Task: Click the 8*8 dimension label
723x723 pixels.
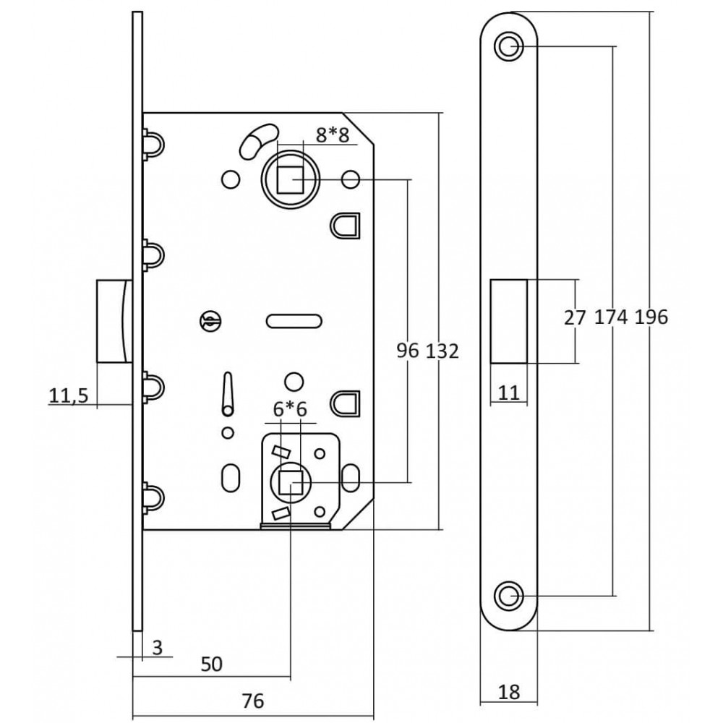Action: [333, 135]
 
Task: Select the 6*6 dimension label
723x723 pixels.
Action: [290, 409]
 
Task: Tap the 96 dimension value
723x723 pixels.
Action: [408, 351]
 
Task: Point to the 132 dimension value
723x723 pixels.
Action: [442, 351]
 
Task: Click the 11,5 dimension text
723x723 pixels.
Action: [68, 395]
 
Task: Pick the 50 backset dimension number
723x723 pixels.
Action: [212, 664]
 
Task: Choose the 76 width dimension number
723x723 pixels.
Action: [252, 701]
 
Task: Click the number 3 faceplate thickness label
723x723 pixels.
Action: [157, 647]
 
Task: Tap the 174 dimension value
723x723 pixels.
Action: [611, 317]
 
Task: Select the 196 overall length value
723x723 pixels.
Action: [651, 317]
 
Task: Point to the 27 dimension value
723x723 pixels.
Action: [575, 317]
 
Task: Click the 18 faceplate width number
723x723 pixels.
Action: [509, 692]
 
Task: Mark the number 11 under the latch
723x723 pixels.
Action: [509, 393]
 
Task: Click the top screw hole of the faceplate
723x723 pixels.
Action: [508, 46]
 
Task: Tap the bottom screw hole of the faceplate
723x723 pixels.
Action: [508, 596]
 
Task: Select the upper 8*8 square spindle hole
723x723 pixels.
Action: [290, 179]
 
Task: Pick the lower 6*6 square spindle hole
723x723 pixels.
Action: [291, 483]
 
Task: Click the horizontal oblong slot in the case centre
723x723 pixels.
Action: [294, 321]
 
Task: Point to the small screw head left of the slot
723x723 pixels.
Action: [210, 321]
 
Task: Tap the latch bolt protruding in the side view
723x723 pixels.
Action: [114, 320]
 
